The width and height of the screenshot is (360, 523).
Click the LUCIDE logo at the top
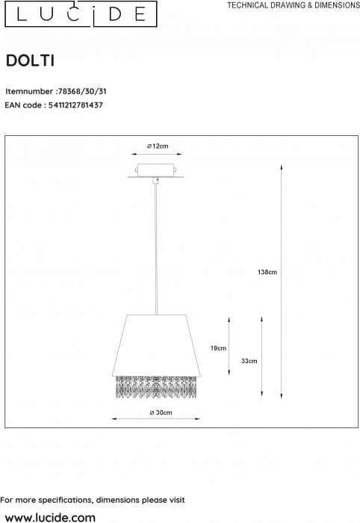click(81, 14)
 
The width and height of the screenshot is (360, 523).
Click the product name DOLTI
click(31, 61)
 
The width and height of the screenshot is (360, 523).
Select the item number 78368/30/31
click(82, 91)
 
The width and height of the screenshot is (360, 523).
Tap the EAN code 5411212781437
click(75, 105)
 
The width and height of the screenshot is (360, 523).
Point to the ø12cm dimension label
click(158, 146)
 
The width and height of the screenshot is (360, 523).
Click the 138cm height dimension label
click(267, 272)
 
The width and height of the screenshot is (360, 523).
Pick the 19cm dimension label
click(218, 348)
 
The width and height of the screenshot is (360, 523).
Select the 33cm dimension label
click(249, 361)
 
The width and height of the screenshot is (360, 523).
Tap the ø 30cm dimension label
click(161, 412)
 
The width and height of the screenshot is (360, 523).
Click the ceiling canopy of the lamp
click(155, 171)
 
